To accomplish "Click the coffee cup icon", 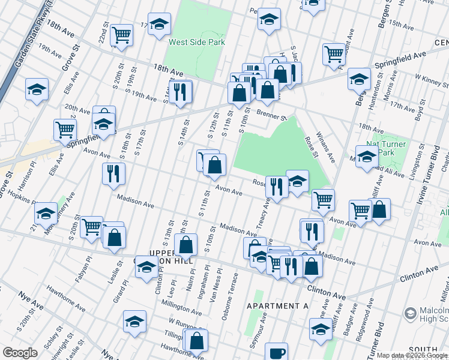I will [x=276, y=352].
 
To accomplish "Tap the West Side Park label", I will [x=197, y=42].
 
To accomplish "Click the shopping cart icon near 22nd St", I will [x=122, y=35].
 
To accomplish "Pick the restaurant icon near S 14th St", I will [x=180, y=91].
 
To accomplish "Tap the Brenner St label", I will [x=273, y=113].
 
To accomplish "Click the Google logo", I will [x=20, y=353].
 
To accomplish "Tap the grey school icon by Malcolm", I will [x=411, y=313].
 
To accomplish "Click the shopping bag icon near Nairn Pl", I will [x=186, y=244].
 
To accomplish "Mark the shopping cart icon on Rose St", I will [x=323, y=199].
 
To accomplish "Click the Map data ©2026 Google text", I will [x=412, y=355].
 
